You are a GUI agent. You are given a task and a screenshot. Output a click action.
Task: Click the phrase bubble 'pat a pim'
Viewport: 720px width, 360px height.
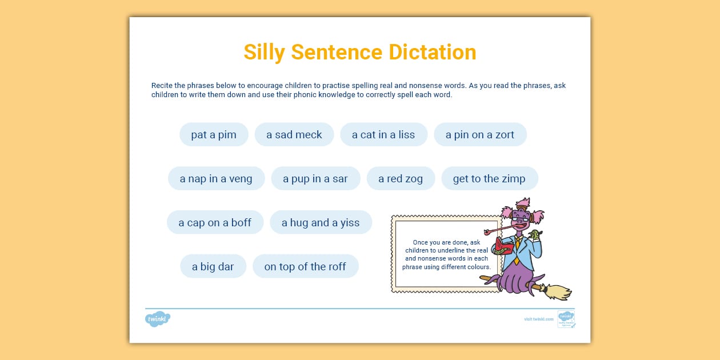click(214, 135)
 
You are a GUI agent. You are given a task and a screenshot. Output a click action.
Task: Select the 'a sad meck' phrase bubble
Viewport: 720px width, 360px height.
click(294, 135)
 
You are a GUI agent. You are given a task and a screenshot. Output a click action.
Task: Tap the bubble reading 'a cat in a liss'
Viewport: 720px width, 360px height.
click(383, 135)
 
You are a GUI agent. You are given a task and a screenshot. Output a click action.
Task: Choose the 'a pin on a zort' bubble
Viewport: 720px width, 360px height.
click(480, 135)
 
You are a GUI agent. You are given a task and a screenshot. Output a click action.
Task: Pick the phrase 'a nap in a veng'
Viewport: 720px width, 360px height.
click(216, 179)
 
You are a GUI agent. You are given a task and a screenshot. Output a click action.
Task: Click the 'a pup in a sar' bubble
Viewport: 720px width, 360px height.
click(315, 179)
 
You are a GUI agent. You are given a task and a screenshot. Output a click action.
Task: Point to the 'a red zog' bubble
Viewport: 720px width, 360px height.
click(401, 179)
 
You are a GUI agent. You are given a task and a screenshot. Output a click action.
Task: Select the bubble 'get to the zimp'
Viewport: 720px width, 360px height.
click(489, 179)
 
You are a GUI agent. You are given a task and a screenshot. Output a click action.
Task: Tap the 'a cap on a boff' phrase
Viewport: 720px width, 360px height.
click(215, 223)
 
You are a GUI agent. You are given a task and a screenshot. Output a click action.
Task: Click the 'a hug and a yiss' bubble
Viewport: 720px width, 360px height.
click(321, 223)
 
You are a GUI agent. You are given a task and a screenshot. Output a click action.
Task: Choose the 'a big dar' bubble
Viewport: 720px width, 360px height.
click(213, 267)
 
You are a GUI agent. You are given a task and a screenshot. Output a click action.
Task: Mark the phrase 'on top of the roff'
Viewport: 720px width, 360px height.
click(305, 267)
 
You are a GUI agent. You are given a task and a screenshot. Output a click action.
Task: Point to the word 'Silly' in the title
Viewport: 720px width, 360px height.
click(265, 52)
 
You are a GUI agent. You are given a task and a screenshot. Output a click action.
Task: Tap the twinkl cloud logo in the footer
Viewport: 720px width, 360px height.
click(158, 319)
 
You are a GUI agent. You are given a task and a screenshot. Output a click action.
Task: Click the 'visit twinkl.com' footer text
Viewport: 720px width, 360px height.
click(539, 319)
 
